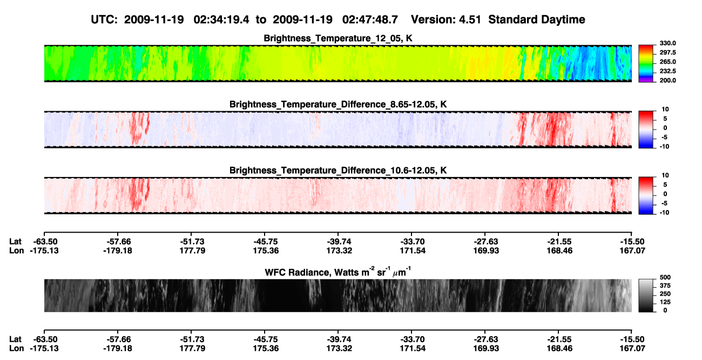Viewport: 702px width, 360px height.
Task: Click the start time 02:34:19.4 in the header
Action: point(221,19)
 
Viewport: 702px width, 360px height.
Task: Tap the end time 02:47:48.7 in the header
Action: point(370,19)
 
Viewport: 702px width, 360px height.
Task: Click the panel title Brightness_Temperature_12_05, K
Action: point(338,38)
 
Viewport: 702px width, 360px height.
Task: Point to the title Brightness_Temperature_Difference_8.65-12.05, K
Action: point(338,104)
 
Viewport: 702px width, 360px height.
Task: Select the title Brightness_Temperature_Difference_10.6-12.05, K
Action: point(338,171)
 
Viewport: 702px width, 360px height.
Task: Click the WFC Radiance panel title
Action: point(338,272)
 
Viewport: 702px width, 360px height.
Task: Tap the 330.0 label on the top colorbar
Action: point(667,43)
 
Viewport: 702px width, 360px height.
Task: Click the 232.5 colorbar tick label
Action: point(667,71)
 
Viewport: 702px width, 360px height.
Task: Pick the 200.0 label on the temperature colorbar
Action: point(667,80)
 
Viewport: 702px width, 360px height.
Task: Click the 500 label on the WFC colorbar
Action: point(665,277)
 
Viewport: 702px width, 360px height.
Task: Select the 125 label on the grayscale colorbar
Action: point(665,302)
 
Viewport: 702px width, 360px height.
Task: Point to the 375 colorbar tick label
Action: point(665,286)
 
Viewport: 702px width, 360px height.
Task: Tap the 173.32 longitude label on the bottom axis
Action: point(339,349)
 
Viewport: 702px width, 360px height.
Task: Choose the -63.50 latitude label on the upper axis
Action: point(45,242)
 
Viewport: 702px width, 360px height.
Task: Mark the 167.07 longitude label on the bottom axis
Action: point(632,349)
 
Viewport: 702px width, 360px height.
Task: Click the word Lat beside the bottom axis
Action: point(15,339)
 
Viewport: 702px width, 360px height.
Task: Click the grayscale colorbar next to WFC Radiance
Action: point(646,295)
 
